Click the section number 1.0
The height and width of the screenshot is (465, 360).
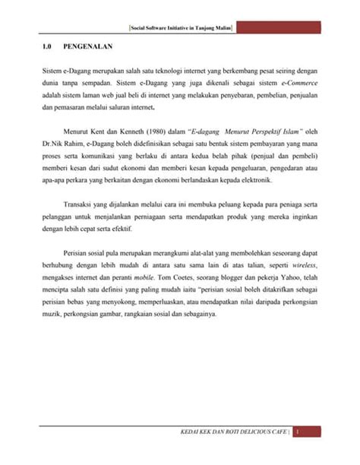[49, 47]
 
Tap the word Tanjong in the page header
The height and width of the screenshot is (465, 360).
[198, 27]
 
